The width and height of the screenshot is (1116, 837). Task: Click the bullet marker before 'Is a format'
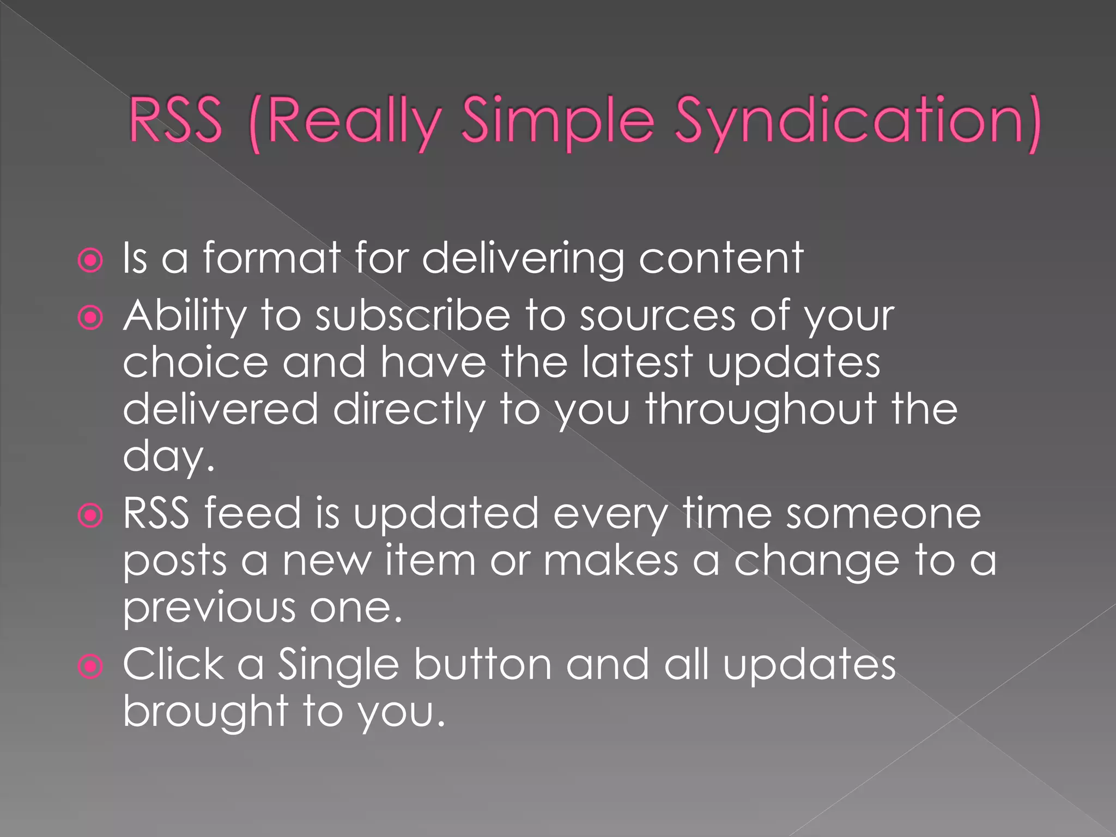pyautogui.click(x=90, y=260)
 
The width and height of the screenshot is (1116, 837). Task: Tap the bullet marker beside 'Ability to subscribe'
pyautogui.click(x=90, y=318)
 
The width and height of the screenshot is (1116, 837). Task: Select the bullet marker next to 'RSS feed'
pyautogui.click(x=90, y=515)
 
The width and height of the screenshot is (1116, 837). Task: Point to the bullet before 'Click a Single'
pyautogui.click(x=90, y=666)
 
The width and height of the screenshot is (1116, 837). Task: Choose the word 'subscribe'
pyautogui.click(x=413, y=316)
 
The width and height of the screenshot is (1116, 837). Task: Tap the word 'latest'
pyautogui.click(x=637, y=362)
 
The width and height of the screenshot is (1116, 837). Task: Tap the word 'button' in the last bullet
pyautogui.click(x=482, y=665)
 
